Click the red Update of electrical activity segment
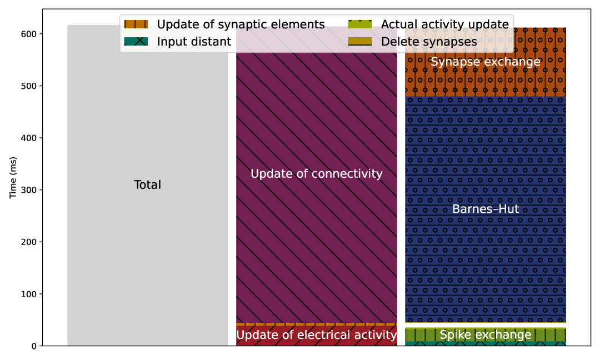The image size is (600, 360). [x=317, y=336]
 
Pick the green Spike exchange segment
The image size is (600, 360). [x=486, y=335]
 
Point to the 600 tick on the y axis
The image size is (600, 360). [x=29, y=34]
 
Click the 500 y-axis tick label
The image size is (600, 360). [x=29, y=86]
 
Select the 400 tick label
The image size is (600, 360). [x=29, y=138]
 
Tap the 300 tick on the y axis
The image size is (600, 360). [x=29, y=190]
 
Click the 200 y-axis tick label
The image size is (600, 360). [x=29, y=242]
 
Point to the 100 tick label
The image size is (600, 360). [x=29, y=294]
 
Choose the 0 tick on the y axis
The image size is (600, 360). [x=34, y=346]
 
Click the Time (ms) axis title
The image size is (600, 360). [x=13, y=177]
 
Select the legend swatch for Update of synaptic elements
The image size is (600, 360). [x=136, y=24]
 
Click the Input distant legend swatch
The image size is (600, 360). [x=136, y=41]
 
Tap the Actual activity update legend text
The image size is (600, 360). [x=444, y=24]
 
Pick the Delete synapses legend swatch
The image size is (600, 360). [x=359, y=41]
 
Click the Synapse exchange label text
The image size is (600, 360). [x=486, y=62]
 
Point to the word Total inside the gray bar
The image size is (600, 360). [x=148, y=185]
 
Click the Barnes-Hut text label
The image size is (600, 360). [x=486, y=209]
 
